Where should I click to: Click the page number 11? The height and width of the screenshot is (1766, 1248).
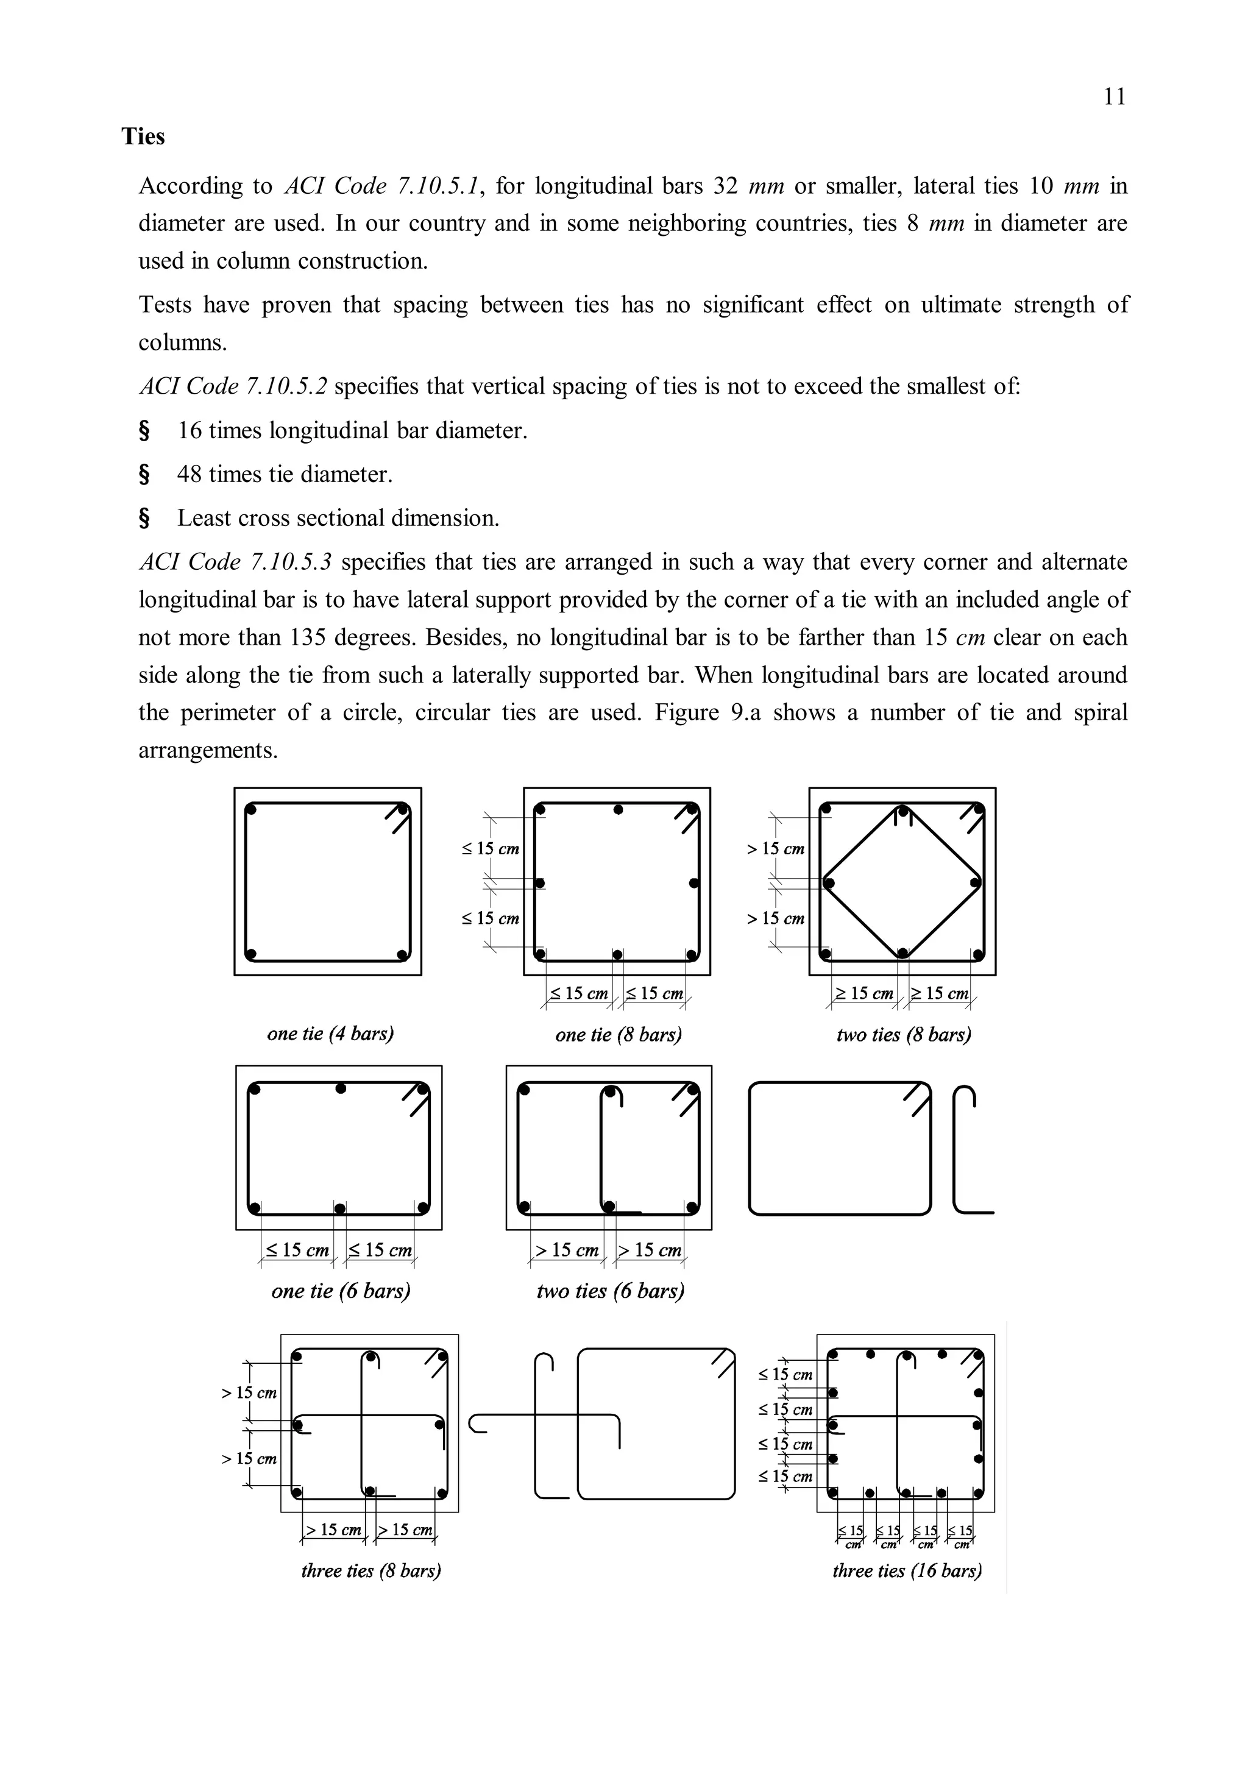tap(1114, 97)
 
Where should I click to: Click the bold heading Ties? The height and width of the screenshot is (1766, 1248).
tap(143, 137)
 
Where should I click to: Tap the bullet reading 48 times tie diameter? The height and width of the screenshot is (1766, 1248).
tap(285, 475)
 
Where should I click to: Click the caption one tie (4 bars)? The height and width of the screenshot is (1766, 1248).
tap(330, 1034)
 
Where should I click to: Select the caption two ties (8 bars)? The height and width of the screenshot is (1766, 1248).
tap(904, 1035)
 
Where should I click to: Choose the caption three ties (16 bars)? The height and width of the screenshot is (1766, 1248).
tap(907, 1570)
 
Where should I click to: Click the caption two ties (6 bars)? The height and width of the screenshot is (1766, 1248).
tap(610, 1291)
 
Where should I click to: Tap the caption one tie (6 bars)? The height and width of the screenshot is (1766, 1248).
tap(341, 1291)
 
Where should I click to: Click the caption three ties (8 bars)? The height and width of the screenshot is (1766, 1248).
tap(370, 1570)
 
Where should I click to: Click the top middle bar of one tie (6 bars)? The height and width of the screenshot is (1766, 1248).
tap(341, 1089)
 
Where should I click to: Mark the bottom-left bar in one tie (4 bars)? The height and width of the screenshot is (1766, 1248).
tap(250, 954)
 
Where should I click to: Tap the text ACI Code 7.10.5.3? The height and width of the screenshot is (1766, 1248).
tap(235, 562)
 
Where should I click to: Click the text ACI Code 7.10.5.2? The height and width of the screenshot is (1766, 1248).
tap(233, 386)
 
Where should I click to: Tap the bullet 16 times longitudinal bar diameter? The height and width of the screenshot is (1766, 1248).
tap(352, 431)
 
